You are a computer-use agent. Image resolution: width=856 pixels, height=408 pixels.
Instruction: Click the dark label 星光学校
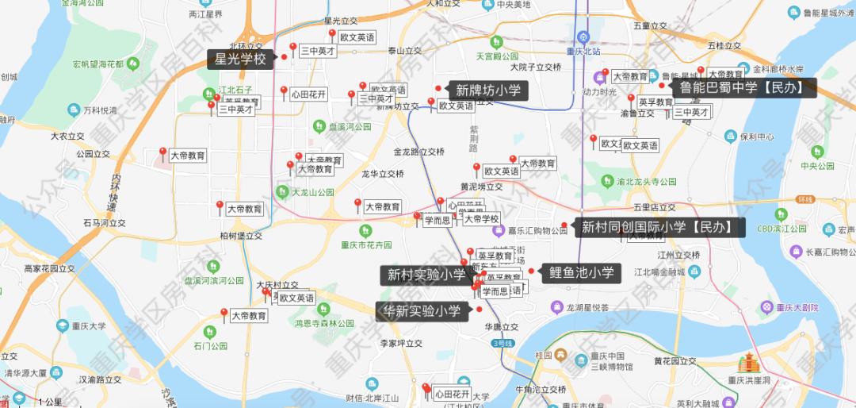pyautogui.click(x=240, y=59)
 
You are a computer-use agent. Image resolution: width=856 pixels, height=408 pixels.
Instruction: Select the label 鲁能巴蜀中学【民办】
pyautogui.click(x=744, y=87)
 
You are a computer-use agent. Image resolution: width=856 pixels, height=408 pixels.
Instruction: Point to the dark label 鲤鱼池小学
pyautogui.click(x=582, y=273)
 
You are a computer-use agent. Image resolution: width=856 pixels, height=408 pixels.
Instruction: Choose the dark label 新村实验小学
pyautogui.click(x=426, y=275)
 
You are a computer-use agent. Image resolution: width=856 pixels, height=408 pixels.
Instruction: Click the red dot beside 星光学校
pyautogui.click(x=284, y=57)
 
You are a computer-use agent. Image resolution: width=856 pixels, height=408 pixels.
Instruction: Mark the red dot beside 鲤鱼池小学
pyautogui.click(x=531, y=271)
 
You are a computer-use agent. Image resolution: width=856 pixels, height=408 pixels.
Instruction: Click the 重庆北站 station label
pyautogui.click(x=587, y=52)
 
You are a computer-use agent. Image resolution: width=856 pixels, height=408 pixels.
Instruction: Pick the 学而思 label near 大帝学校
pyautogui.click(x=438, y=220)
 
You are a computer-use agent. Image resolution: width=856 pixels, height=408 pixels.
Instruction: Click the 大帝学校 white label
pyautogui.click(x=481, y=219)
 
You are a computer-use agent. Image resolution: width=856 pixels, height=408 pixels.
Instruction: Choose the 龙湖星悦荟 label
pyautogui.click(x=587, y=307)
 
